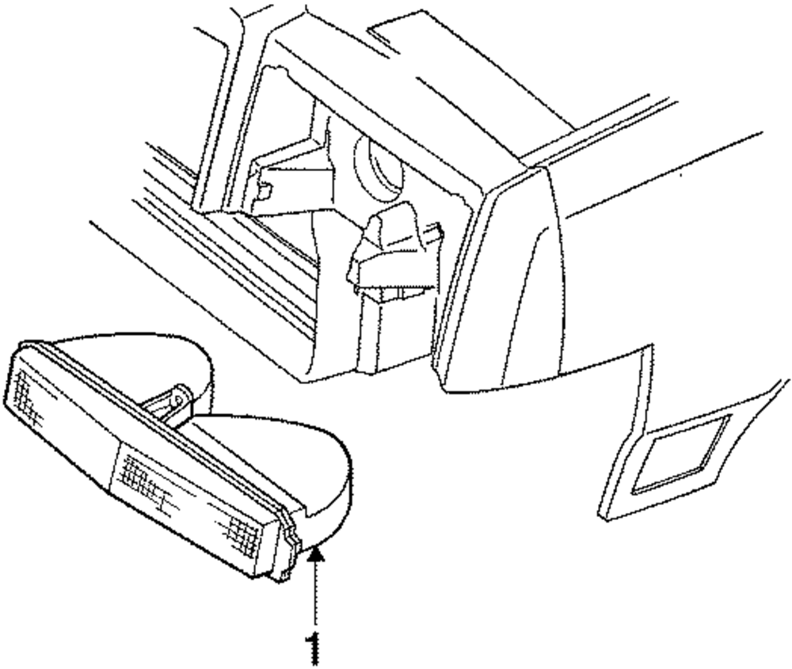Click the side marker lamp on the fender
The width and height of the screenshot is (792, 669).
click(x=680, y=455)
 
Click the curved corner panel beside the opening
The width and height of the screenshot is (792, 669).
click(x=507, y=285)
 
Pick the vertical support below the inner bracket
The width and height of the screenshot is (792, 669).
click(x=380, y=333)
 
